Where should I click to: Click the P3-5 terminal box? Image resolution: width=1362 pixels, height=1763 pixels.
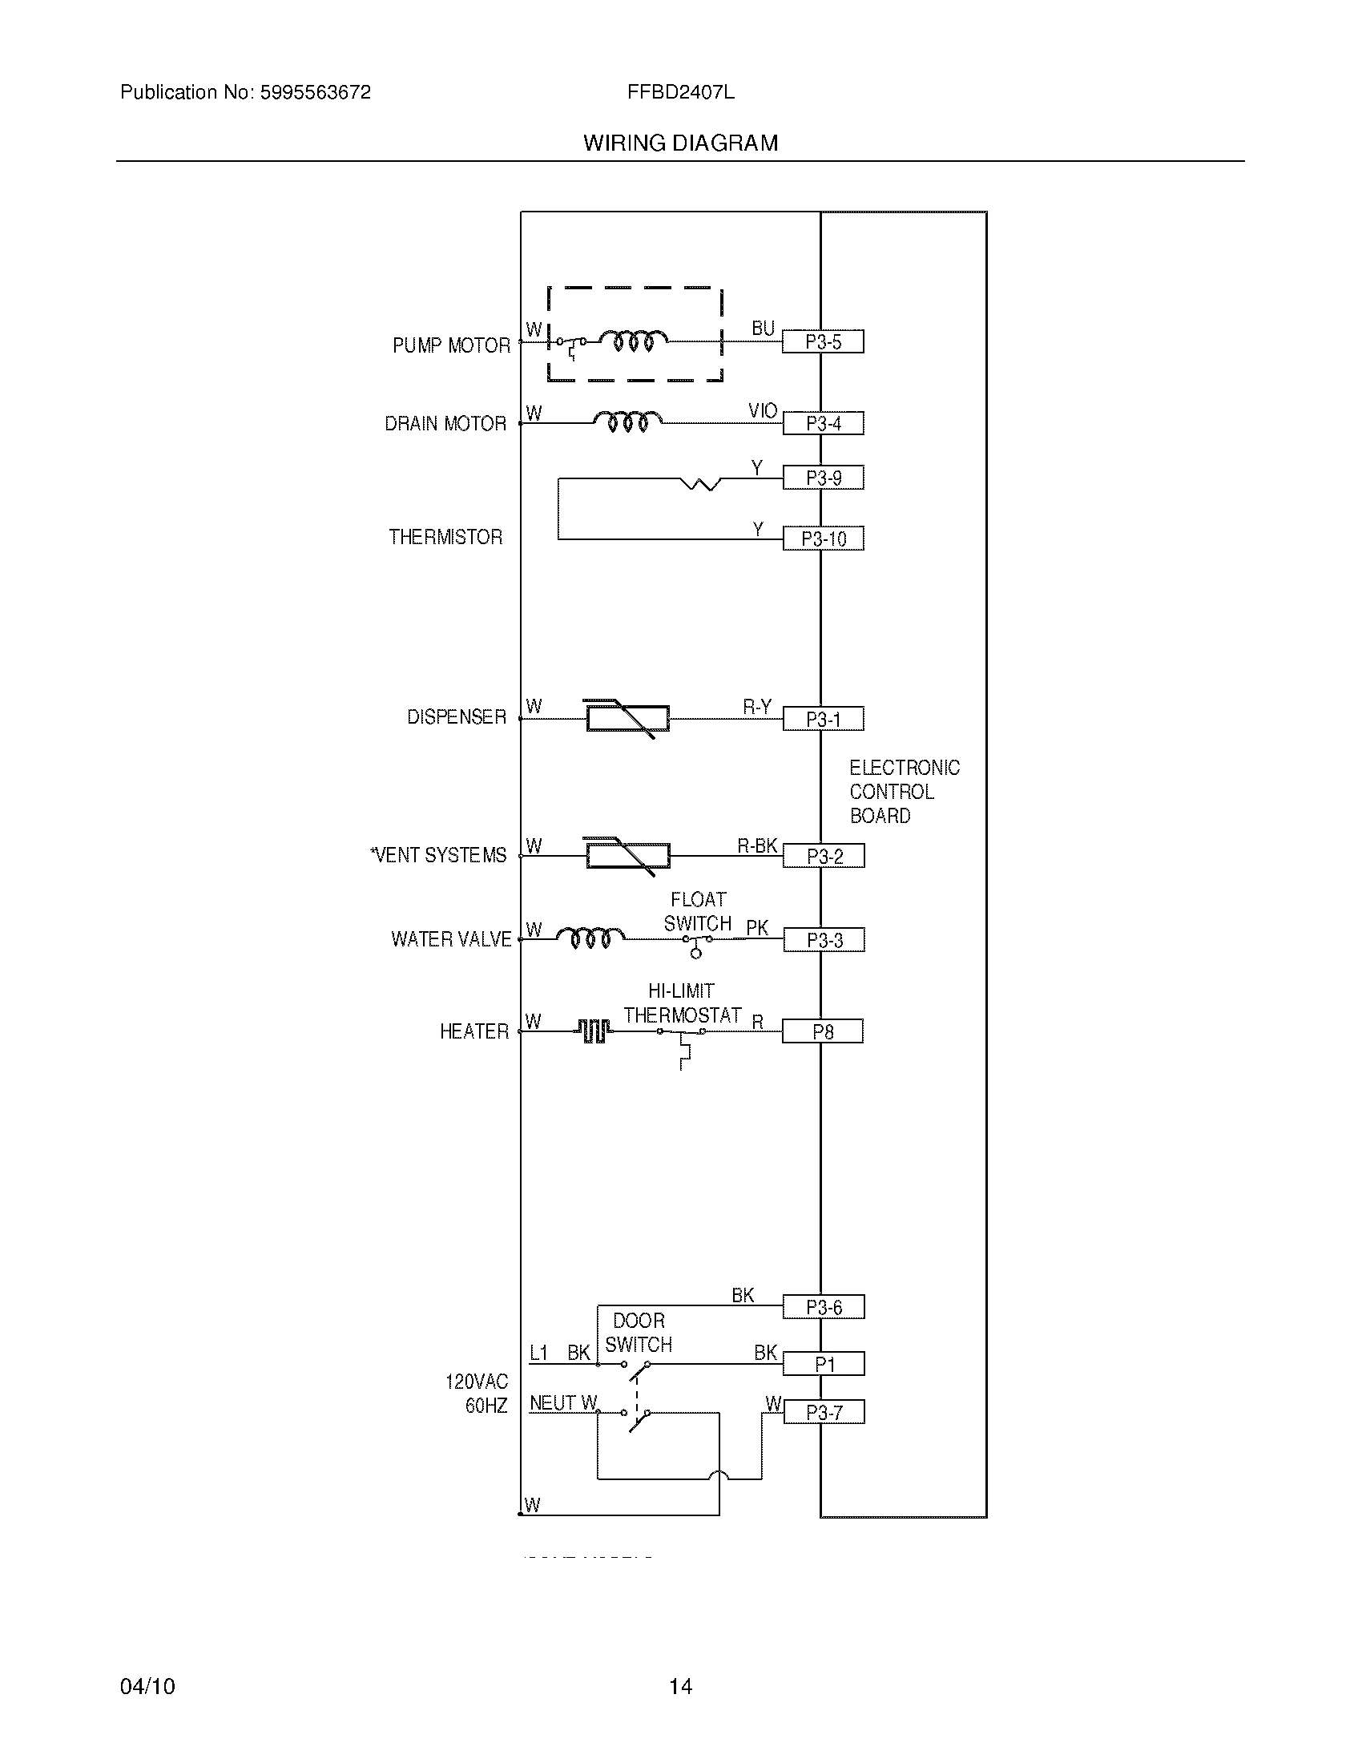point(823,342)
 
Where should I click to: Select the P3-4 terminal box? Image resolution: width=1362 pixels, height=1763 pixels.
point(823,423)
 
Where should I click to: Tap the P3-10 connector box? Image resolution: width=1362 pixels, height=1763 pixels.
point(823,539)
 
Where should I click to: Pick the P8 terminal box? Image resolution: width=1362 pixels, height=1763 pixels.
point(822,1031)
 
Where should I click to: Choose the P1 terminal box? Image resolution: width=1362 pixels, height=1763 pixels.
point(824,1364)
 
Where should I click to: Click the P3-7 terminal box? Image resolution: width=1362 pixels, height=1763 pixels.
point(824,1412)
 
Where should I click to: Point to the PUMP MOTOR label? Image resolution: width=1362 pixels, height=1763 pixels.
point(451,346)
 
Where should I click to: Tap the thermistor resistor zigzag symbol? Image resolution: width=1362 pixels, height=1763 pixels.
point(700,483)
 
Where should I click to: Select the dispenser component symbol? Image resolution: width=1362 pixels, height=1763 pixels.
point(628,718)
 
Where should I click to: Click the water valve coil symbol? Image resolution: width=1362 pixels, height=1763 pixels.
point(590,938)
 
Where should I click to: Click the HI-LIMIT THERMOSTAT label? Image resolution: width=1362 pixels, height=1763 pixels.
point(682,1003)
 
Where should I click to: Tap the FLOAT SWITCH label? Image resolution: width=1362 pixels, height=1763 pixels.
point(698,911)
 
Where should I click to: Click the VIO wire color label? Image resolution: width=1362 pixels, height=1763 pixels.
point(763,411)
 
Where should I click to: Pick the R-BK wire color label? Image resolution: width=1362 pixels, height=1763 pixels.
point(757,846)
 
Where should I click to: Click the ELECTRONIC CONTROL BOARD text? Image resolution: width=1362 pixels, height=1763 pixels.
point(904,791)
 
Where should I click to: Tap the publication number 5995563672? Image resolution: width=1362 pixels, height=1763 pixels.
point(315,93)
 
